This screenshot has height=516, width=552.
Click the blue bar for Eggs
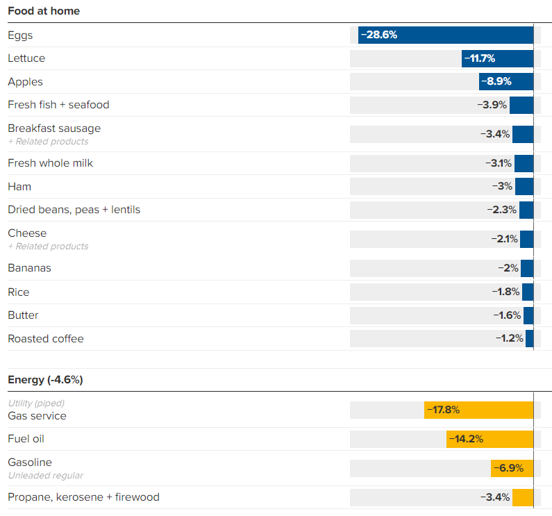446,35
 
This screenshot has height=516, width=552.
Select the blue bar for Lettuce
497,58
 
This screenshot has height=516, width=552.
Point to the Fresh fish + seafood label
58,105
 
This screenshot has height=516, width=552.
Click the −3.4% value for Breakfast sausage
495,134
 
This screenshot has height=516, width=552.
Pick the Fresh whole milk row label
50,163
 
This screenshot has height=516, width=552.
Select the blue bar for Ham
524,186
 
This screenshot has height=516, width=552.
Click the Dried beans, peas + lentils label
74,210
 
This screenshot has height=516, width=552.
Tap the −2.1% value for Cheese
504,239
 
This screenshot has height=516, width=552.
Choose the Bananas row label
29,268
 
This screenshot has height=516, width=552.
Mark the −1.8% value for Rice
506,292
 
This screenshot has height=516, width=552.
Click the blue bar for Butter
528,315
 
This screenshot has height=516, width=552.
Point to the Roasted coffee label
45,339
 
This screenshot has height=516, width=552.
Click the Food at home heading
44,11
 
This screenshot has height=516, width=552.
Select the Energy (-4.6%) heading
45,380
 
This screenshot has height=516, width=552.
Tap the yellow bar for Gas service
478,410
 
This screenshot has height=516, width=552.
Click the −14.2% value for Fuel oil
466,439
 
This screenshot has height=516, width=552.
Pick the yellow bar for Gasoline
512,468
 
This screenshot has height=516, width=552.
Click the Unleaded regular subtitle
45,476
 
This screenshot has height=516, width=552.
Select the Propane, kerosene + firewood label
83,497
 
